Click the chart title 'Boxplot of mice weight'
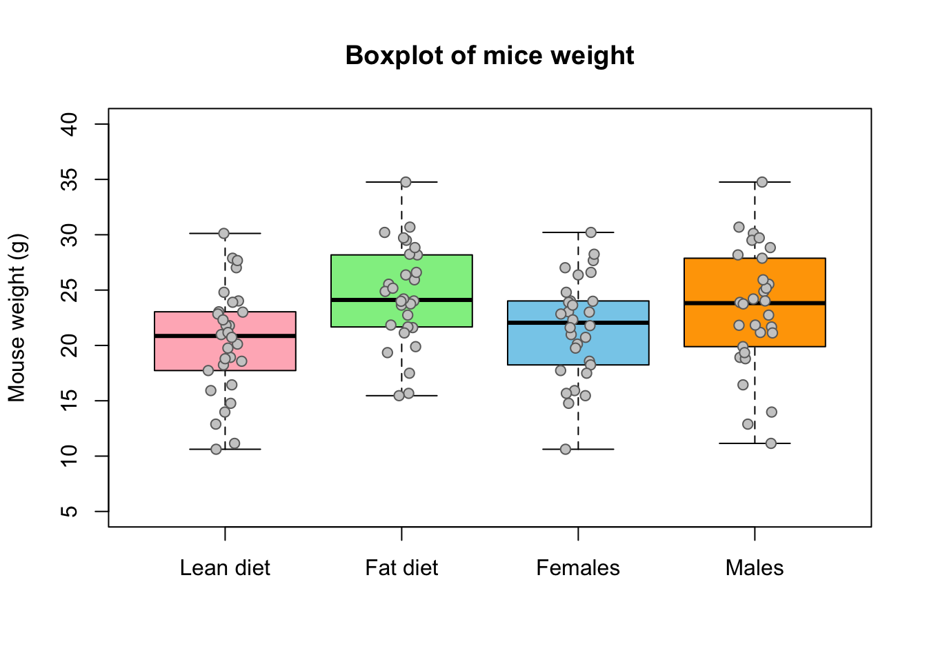coord(490,55)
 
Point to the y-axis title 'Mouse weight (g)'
coord(17,318)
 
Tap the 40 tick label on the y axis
coord(69,124)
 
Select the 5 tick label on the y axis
coord(69,512)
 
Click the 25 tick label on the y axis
coord(69,290)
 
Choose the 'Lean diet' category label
coord(225,568)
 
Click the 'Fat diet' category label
coord(401,568)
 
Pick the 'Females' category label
coord(578,568)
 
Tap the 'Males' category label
coord(755,568)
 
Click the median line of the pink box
coord(225,336)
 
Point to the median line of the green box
coord(401,300)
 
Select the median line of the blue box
coord(578,323)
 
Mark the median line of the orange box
coord(755,303)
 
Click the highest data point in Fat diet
coord(406,182)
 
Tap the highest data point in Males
coord(762,182)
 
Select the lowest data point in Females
coord(566,450)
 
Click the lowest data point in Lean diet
coord(216,450)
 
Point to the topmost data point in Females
coord(591,232)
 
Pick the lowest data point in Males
coord(770,443)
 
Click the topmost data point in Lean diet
coord(224,233)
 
